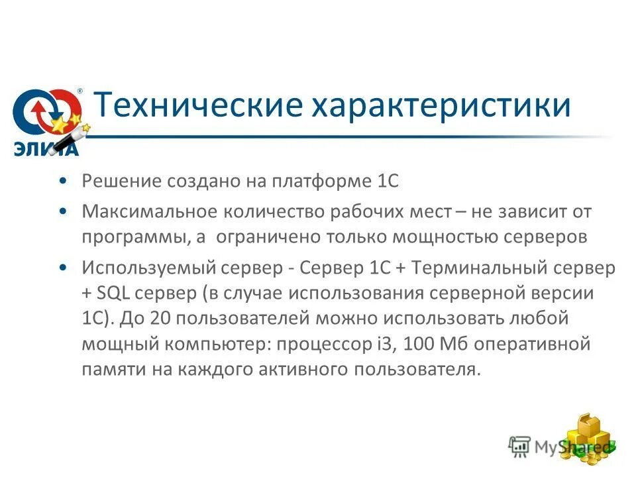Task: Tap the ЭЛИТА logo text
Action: pos(46,148)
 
